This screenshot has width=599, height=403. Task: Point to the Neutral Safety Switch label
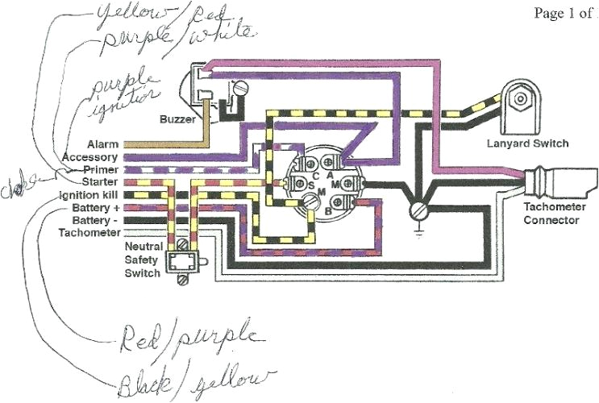click(x=144, y=259)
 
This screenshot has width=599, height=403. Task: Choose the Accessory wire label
click(x=89, y=157)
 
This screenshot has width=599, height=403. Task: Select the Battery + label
click(x=94, y=208)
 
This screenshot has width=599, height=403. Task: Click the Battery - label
click(x=94, y=220)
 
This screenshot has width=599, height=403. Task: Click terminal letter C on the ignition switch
click(x=314, y=175)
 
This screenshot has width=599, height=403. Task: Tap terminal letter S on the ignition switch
click(x=312, y=186)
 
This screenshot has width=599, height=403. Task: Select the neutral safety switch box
click(x=181, y=262)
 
